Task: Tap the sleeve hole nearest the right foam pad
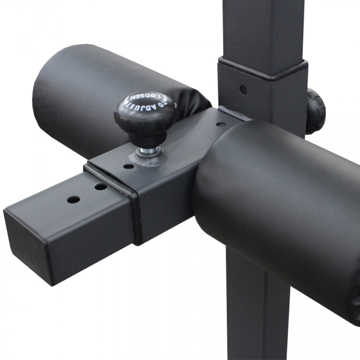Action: click(220, 124)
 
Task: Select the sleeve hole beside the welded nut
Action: click(128, 166)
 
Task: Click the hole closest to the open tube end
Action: click(73, 199)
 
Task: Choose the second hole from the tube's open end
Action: click(101, 186)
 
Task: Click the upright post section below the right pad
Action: click(256, 312)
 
